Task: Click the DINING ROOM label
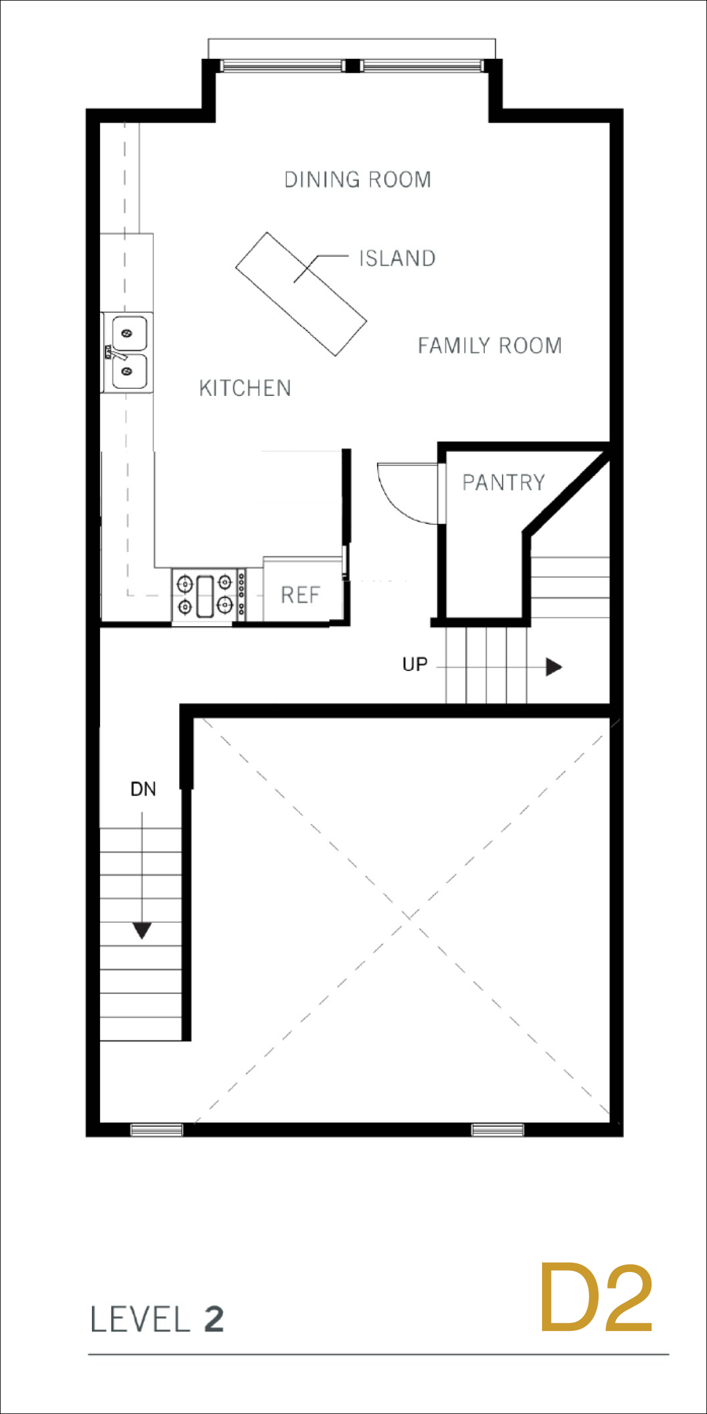[358, 180]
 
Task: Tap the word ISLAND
[398, 258]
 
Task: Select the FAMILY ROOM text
[490, 345]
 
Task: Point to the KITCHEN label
[245, 388]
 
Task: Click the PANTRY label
[504, 483]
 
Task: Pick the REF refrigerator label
[300, 595]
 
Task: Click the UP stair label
[415, 665]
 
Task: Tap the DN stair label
[143, 789]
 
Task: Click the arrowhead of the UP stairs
[554, 667]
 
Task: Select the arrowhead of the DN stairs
[142, 930]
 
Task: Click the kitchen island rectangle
[301, 294]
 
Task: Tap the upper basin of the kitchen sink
[129, 333]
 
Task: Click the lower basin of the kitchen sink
[129, 371]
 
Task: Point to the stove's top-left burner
[185, 584]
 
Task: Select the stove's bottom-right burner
[224, 604]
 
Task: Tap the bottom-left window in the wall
[157, 1129]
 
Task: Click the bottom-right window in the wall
[498, 1129]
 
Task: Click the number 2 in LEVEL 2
[214, 1319]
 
